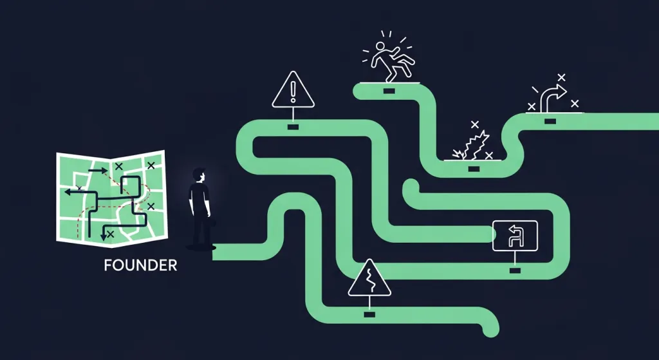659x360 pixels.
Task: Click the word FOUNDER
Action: coord(140,265)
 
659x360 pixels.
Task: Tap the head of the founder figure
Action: coord(199,175)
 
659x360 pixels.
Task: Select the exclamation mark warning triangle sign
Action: coord(293,90)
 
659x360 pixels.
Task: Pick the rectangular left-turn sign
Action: coord(515,236)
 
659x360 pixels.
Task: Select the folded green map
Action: coord(112,198)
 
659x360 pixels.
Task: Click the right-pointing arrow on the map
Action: coord(98,170)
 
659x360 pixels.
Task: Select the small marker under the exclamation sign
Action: coord(293,127)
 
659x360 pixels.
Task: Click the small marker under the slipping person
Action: coord(389,91)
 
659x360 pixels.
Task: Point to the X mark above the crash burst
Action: coord(475,124)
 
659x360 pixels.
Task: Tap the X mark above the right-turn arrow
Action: coord(561,77)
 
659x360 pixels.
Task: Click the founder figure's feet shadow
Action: coord(201,247)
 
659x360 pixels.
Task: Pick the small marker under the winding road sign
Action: coord(369,314)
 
